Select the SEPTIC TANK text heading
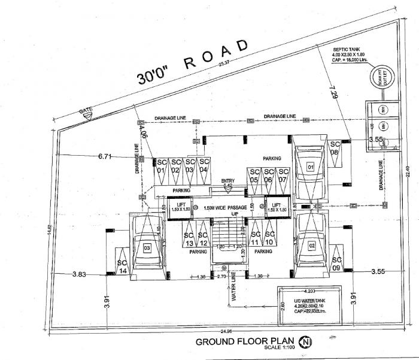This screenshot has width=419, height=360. point(353,50)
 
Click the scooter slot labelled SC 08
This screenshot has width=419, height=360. point(335,148)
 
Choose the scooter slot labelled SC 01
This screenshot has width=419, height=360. point(160,166)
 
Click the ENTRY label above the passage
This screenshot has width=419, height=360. point(227,181)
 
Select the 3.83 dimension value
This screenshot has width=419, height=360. point(80,274)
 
